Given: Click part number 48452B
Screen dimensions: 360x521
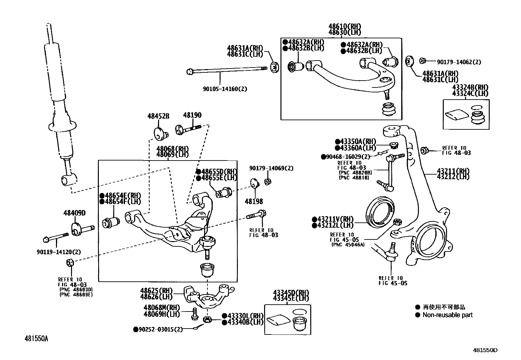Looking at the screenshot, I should click(x=158, y=116).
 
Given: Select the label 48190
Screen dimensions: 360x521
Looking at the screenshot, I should click(x=192, y=115).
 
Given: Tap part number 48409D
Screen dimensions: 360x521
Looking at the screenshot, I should click(x=74, y=213).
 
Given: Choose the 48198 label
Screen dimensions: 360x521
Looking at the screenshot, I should click(x=254, y=201).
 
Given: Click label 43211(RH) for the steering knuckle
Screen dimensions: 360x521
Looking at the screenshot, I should click(x=453, y=171).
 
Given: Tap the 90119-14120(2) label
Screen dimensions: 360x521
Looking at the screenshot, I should click(x=59, y=252).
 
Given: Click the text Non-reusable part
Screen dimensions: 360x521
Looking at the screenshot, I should click(x=447, y=315).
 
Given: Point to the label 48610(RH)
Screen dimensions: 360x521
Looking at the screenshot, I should click(x=345, y=26).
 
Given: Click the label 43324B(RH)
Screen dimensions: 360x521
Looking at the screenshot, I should click(x=470, y=87).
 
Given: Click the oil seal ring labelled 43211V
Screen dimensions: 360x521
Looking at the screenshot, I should click(x=380, y=212).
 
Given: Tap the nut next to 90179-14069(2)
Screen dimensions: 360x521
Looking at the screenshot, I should click(x=267, y=182).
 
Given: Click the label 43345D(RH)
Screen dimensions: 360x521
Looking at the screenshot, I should click(x=291, y=293).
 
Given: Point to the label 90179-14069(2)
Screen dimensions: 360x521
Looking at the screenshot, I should click(x=271, y=168).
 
